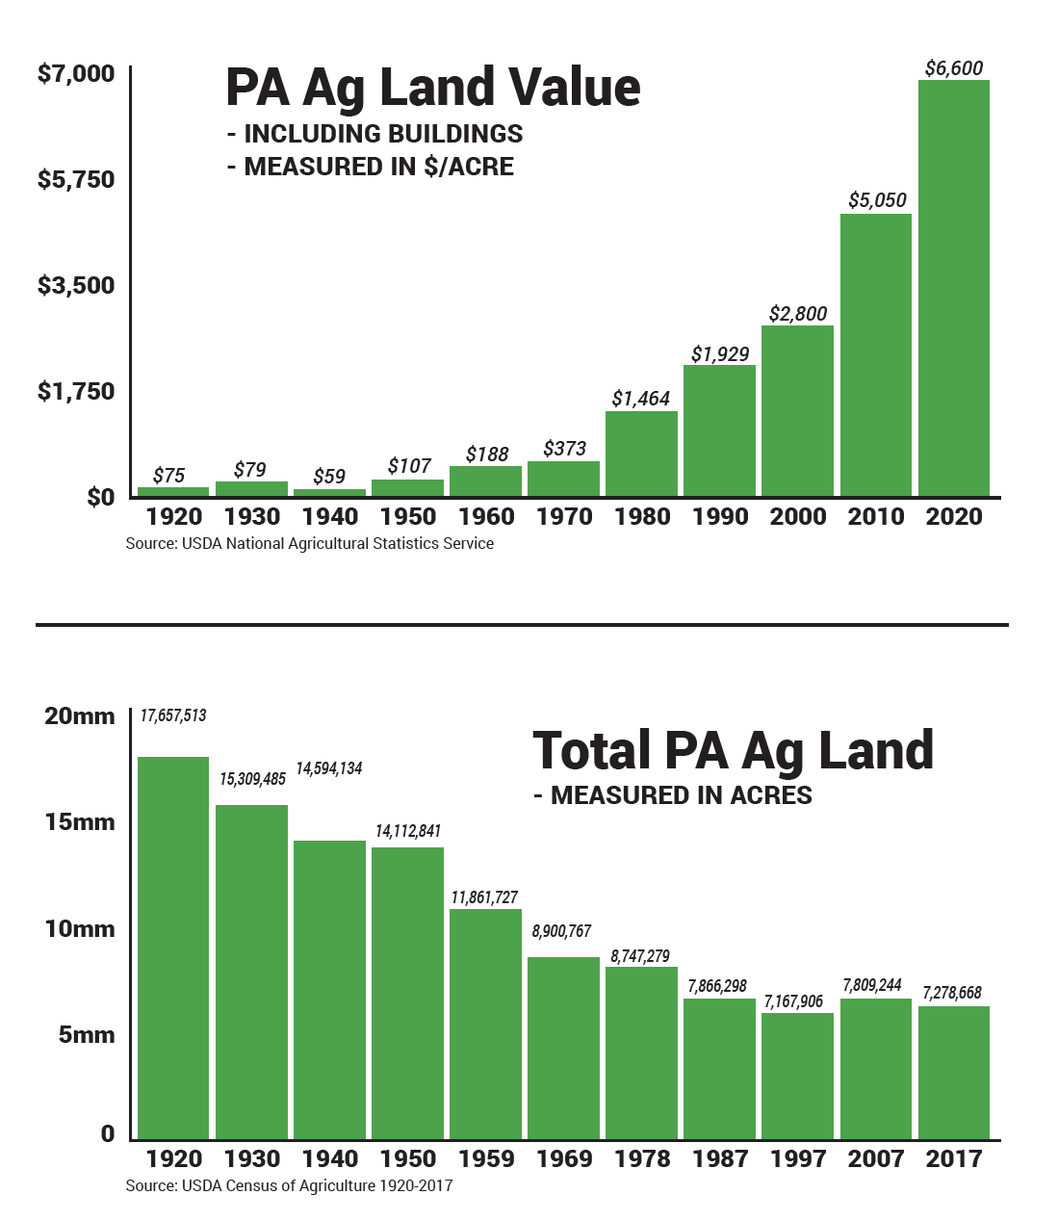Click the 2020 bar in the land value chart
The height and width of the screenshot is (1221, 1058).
pos(953,289)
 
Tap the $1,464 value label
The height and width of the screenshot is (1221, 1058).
pos(640,399)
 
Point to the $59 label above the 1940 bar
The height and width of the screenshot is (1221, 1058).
pos(329,477)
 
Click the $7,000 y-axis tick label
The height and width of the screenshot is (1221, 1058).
pos(76,74)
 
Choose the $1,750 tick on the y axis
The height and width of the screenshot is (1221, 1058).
pos(76,392)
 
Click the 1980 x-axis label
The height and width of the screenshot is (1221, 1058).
pos(642,517)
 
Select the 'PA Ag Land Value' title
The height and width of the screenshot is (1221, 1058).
pos(432,88)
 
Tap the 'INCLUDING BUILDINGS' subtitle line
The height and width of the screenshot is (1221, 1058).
pos(374,134)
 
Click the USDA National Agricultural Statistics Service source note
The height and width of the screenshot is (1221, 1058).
pos(309,544)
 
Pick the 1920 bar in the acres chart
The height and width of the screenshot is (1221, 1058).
pos(173,948)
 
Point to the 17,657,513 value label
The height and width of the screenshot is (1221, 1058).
pos(173,715)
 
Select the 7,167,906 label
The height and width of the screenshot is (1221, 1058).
pos(793,1001)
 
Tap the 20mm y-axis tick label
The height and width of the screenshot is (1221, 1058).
pos(80,716)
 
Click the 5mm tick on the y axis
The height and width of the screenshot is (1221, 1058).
pos(87,1035)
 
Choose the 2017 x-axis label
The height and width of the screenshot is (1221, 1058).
pos(953,1159)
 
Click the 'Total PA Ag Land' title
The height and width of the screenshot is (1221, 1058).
pos(733,751)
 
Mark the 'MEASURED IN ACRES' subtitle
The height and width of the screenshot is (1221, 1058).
pos(673,795)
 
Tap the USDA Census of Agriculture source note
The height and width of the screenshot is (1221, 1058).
pos(289,1186)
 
